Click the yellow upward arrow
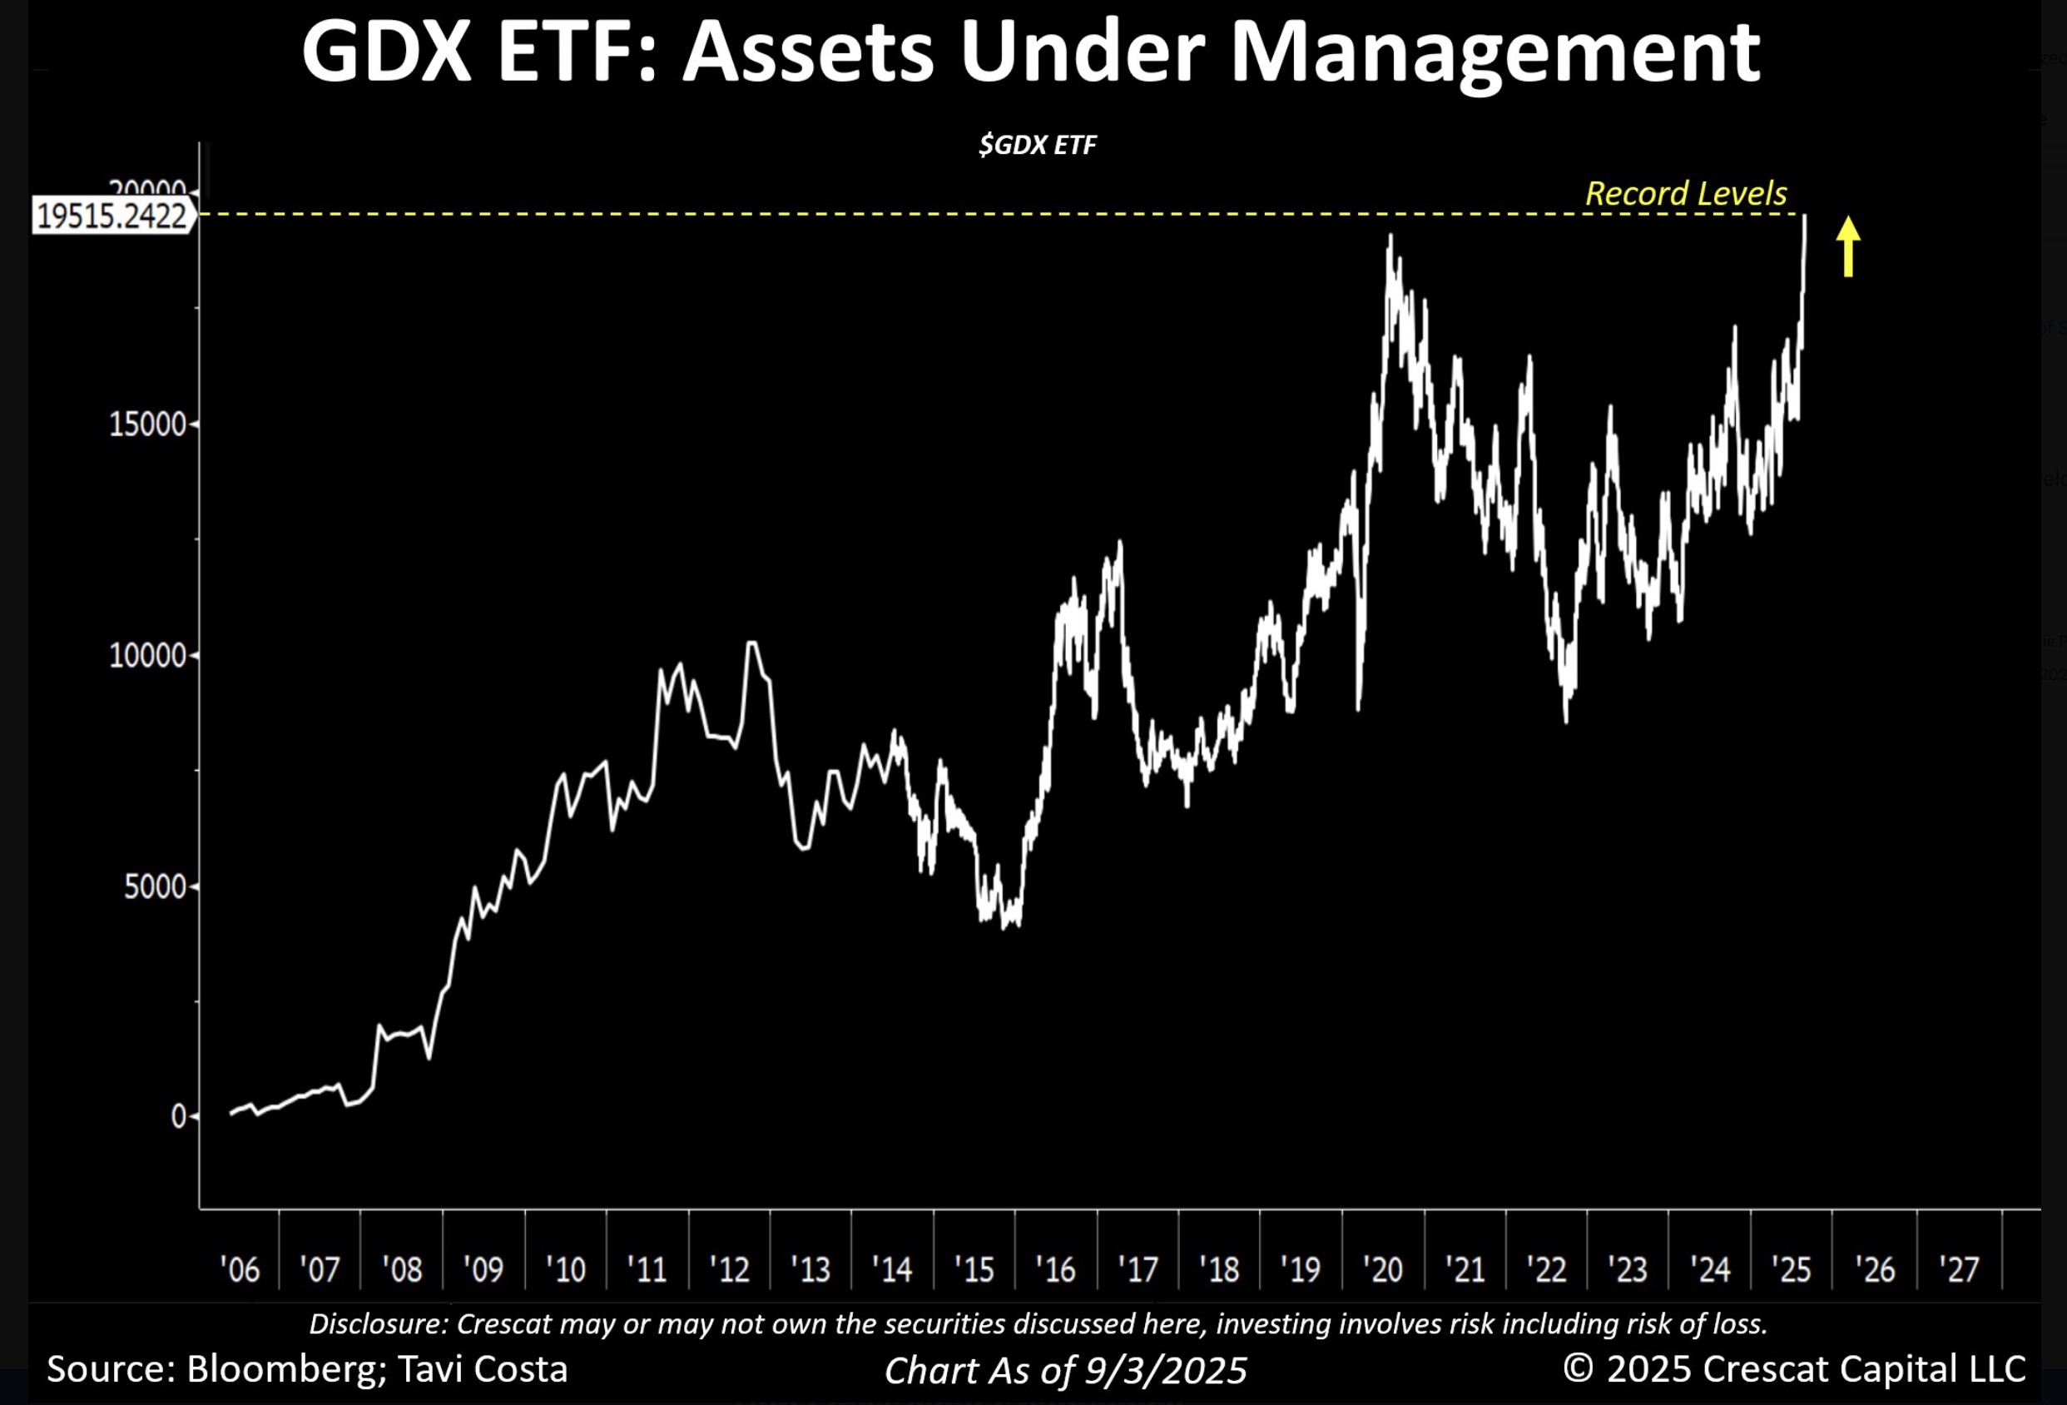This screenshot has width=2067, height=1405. [x=1848, y=246]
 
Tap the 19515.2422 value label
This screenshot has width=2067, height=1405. [x=112, y=216]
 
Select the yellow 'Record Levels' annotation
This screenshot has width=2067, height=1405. [x=1685, y=193]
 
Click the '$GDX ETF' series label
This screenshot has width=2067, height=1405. [x=1037, y=145]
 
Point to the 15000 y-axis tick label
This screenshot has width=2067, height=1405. [x=147, y=424]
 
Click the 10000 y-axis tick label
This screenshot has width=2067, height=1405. [x=147, y=656]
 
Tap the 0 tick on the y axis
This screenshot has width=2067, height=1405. [x=179, y=1117]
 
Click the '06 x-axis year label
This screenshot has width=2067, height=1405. [x=240, y=1268]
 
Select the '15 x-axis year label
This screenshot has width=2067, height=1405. [x=974, y=1268]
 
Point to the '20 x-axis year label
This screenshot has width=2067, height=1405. [x=1382, y=1268]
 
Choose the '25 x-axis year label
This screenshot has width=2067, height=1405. [x=1791, y=1268]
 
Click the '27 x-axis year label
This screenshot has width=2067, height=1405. [x=1959, y=1268]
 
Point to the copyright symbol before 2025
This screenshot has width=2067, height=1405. [x=1579, y=1368]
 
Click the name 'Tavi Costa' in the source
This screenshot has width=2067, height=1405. [x=482, y=1368]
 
